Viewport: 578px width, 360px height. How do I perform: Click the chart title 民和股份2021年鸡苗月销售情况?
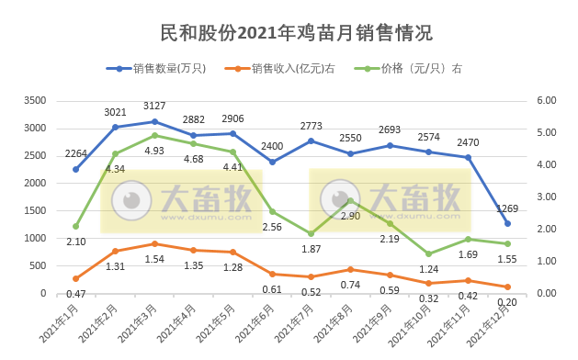pos(289,32)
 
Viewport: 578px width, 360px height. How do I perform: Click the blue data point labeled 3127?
pos(154,121)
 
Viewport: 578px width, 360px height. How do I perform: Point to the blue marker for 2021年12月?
pos(507,223)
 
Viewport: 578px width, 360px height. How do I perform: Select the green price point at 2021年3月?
pos(154,135)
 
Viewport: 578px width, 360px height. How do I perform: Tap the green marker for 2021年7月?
pos(312,233)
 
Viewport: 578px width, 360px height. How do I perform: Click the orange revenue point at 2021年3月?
pos(154,243)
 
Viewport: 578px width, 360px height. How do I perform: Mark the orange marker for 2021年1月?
pos(75,278)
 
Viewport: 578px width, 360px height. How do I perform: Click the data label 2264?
pos(75,153)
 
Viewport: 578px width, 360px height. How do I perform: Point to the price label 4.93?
pos(154,150)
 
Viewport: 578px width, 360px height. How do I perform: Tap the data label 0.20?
pos(507,302)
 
